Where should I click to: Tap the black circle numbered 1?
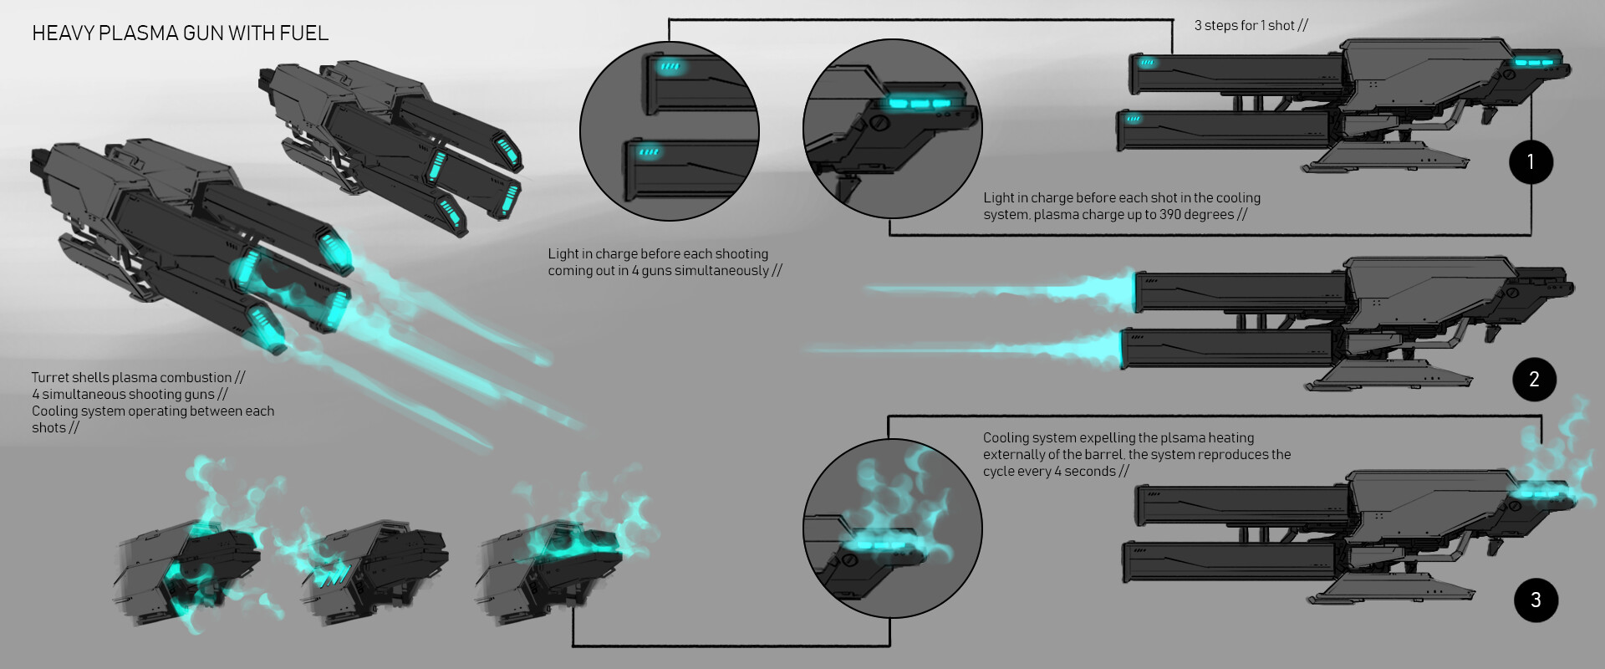pos(1531,161)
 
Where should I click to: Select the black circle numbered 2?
pos(1534,380)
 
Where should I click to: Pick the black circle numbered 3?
pos(1536,600)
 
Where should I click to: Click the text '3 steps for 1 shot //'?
pos(1251,26)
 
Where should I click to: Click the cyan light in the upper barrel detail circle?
pos(670,66)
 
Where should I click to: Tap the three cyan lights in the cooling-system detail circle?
pos(920,104)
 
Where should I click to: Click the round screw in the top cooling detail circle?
pos(879,123)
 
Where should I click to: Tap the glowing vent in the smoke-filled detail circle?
pos(878,545)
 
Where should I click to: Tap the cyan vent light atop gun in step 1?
pos(1534,62)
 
